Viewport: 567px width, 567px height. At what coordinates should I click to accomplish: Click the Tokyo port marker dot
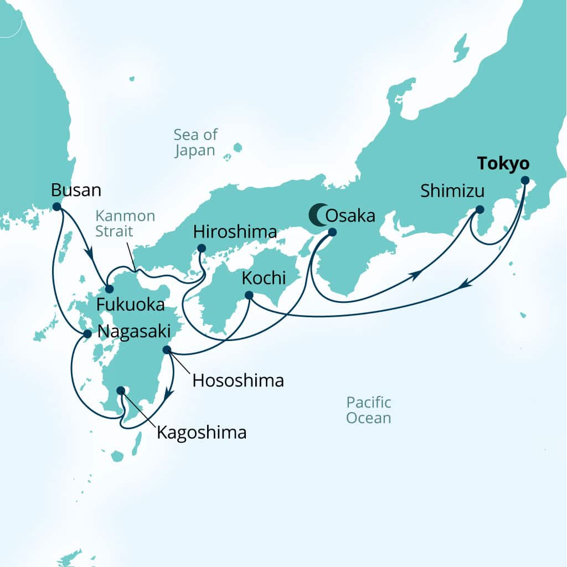[525, 180]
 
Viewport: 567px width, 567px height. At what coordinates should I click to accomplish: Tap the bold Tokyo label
[503, 164]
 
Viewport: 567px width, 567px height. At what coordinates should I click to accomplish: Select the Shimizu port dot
[480, 210]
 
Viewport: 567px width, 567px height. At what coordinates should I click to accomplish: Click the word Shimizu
[452, 192]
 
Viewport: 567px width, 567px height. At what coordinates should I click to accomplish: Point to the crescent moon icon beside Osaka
[317, 215]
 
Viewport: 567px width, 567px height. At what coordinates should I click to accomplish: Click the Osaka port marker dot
[332, 232]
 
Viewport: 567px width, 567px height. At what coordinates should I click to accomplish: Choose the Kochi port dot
[249, 295]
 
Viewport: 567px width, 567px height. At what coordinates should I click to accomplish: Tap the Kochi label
[264, 278]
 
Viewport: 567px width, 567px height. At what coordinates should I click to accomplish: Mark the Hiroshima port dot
[202, 248]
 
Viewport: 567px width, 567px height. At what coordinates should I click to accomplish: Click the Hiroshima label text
[235, 231]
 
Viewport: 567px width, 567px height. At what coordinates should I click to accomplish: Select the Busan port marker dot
[56, 207]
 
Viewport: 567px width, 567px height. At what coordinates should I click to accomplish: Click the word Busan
[76, 190]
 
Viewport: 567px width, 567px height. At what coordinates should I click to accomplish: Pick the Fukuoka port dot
[109, 289]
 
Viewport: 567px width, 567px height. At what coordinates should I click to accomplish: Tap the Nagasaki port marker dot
[87, 334]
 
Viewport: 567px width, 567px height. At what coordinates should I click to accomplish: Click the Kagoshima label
[202, 432]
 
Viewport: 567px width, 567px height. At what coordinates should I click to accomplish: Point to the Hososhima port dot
[167, 350]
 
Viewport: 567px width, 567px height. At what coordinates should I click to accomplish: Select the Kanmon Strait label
[125, 223]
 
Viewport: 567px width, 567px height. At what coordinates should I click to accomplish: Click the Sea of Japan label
[195, 142]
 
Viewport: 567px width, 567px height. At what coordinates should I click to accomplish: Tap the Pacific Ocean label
[369, 410]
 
